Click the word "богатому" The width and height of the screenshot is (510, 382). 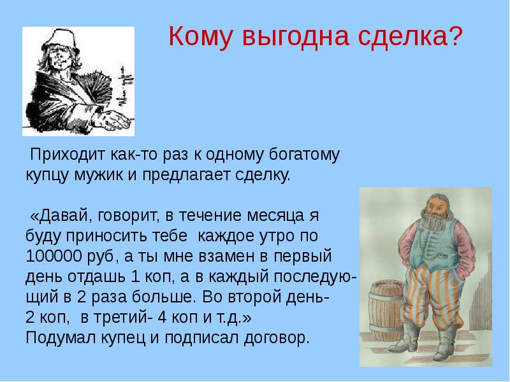point(307,154)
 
